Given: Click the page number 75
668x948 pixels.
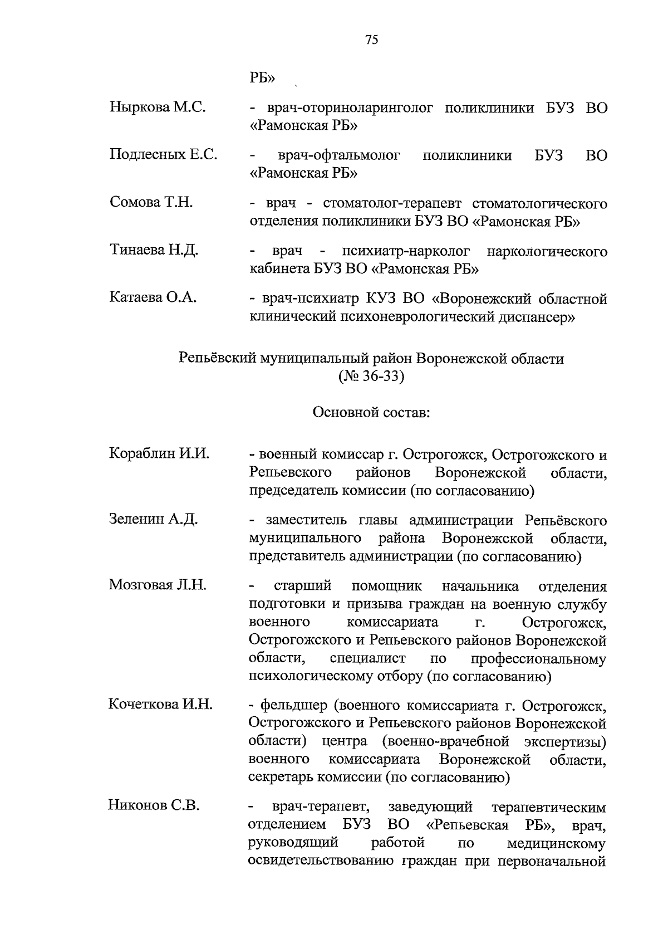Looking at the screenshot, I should coord(371,40).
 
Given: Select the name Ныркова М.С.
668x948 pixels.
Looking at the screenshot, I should coord(158,107).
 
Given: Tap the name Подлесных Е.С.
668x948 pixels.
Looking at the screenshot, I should coord(163,155).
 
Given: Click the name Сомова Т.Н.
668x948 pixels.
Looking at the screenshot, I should coord(151,203).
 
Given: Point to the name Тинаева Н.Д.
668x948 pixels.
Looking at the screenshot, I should coord(154,250).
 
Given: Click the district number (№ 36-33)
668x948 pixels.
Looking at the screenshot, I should coord(371,377).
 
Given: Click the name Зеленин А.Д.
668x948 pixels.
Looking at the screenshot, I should coord(153,520).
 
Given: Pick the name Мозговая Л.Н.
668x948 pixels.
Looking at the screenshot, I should coord(158,585).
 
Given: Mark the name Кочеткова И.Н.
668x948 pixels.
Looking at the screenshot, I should coord(160,705).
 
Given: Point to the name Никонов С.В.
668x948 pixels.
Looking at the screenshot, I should coord(154,805).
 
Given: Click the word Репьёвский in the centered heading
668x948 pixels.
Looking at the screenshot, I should coord(218,359).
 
